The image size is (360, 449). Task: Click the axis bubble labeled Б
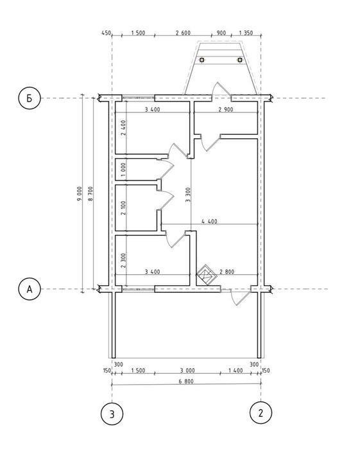[x=29, y=98]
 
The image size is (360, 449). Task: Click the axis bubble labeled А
[x=29, y=289]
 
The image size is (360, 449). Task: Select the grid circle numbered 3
[x=112, y=414]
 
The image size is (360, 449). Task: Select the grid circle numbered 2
[x=261, y=412]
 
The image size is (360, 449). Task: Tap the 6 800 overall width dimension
[x=186, y=381]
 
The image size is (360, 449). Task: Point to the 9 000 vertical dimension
[x=80, y=193]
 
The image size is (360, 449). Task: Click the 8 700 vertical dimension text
[x=90, y=193]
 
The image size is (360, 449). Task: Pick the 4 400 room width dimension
[x=209, y=221]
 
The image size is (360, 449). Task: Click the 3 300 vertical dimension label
[x=188, y=195]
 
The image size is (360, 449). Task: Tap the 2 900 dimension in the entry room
[x=226, y=109]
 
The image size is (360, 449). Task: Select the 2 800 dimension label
[x=227, y=272]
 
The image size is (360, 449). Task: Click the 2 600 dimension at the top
[x=183, y=33]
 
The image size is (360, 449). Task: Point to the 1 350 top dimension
[x=246, y=33]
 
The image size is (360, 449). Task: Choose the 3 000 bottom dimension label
[x=187, y=370]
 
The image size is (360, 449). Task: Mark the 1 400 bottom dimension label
[x=236, y=370]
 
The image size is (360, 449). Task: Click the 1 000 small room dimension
[x=123, y=170]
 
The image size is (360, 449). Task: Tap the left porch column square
[x=201, y=60]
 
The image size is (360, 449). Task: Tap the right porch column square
[x=240, y=60]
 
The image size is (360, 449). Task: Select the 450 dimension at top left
[x=106, y=33]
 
